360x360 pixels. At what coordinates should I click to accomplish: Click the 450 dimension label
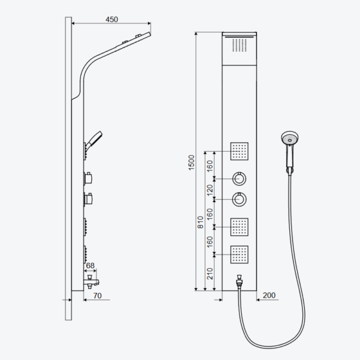tap(112, 20)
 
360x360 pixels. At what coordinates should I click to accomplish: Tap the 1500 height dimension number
tap(191, 163)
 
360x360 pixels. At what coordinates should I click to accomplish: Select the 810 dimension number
tap(200, 222)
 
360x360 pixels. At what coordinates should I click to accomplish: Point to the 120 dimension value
tap(210, 190)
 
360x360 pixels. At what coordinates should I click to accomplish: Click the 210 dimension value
tap(210, 274)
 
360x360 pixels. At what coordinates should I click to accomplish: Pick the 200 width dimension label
tap(269, 295)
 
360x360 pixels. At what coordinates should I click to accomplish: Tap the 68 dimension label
tap(90, 265)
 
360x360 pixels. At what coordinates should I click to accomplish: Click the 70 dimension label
tap(97, 295)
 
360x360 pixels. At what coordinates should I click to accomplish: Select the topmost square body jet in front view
tap(239, 151)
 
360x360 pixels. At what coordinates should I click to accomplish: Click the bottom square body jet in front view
tap(239, 254)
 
